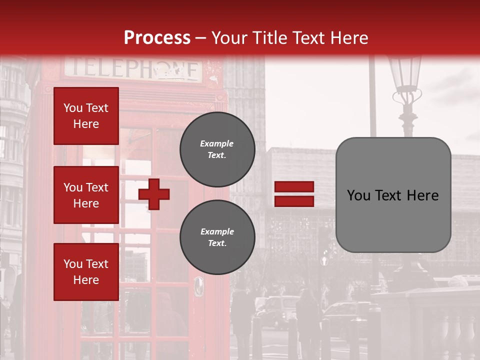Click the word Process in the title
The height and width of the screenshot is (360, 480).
point(157,37)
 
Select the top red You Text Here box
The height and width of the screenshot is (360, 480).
point(86,116)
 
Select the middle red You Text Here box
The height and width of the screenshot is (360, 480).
point(86,195)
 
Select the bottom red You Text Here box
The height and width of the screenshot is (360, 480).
point(86,272)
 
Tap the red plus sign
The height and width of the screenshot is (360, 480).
point(154,194)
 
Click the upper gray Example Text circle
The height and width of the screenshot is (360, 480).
point(217,149)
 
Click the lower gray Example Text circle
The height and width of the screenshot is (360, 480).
point(217,237)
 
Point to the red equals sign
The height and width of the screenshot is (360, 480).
point(294,194)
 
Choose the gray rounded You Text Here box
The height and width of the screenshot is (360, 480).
point(393,195)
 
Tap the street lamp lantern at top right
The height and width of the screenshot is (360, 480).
point(405,75)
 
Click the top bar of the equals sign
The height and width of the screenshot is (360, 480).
point(294,187)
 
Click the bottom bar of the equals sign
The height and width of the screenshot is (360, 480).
point(294,201)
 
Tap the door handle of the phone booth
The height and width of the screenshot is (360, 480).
point(199,286)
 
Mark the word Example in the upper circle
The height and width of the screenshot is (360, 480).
point(217,144)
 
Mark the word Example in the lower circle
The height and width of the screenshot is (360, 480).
point(217,232)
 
